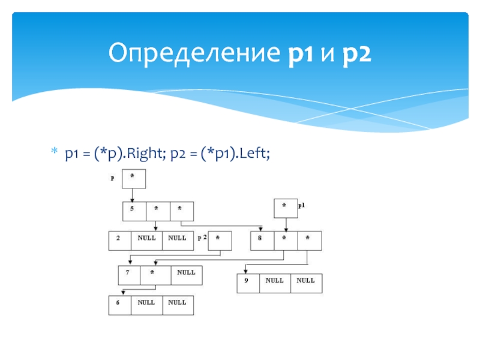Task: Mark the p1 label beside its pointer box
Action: (302, 206)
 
